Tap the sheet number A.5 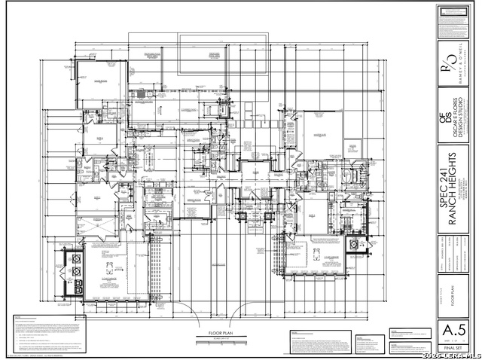click(x=450, y=331)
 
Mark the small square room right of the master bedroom click(x=352, y=148)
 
